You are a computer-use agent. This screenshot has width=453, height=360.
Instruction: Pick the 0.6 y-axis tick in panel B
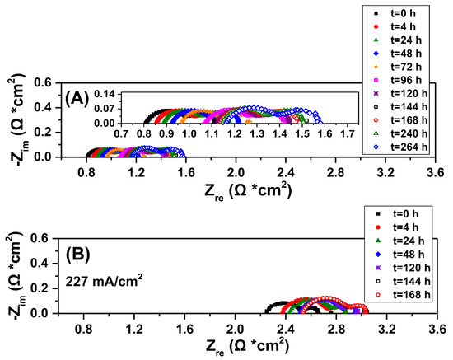tap(45, 238)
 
